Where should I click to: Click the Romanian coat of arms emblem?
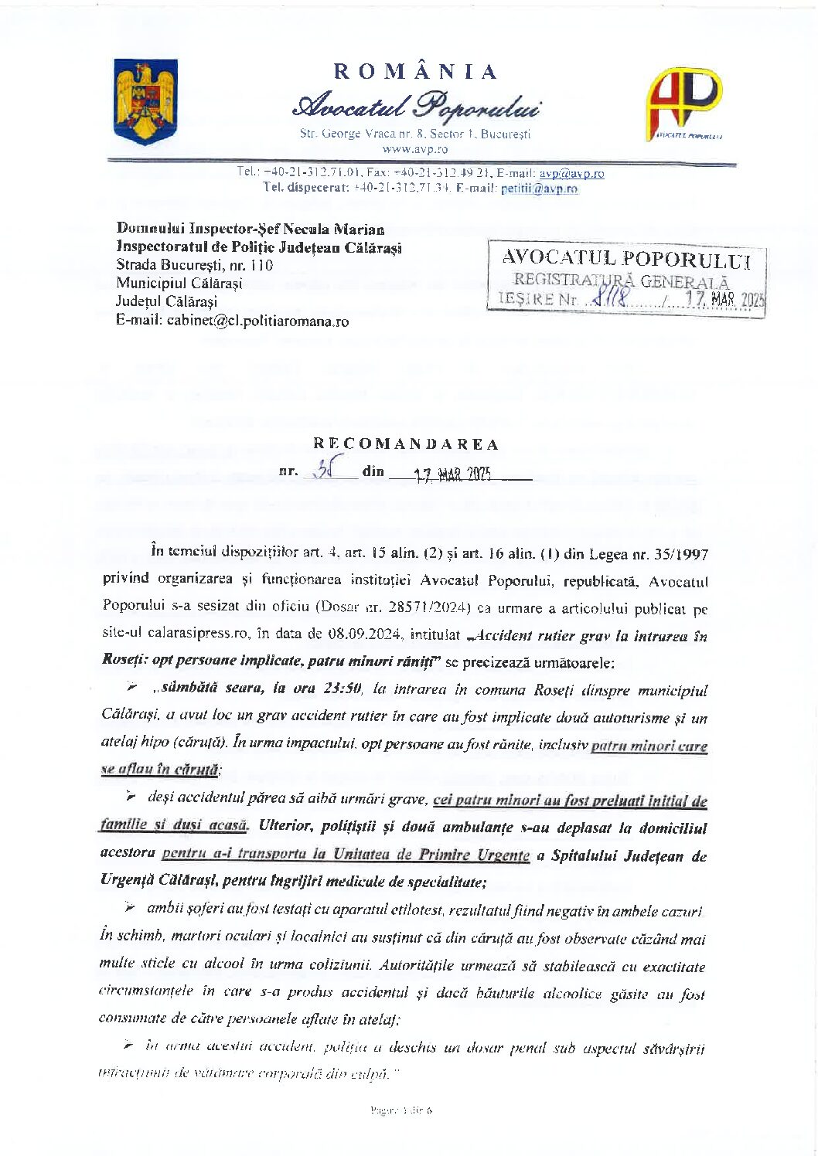pyautogui.click(x=145, y=101)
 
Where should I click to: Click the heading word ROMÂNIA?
pyautogui.click(x=416, y=72)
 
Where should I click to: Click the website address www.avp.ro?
pyautogui.click(x=415, y=149)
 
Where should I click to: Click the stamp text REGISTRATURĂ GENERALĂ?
pyautogui.click(x=621, y=281)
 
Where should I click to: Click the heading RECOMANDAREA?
pyautogui.click(x=406, y=444)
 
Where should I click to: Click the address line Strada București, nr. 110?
pyautogui.click(x=194, y=265)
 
